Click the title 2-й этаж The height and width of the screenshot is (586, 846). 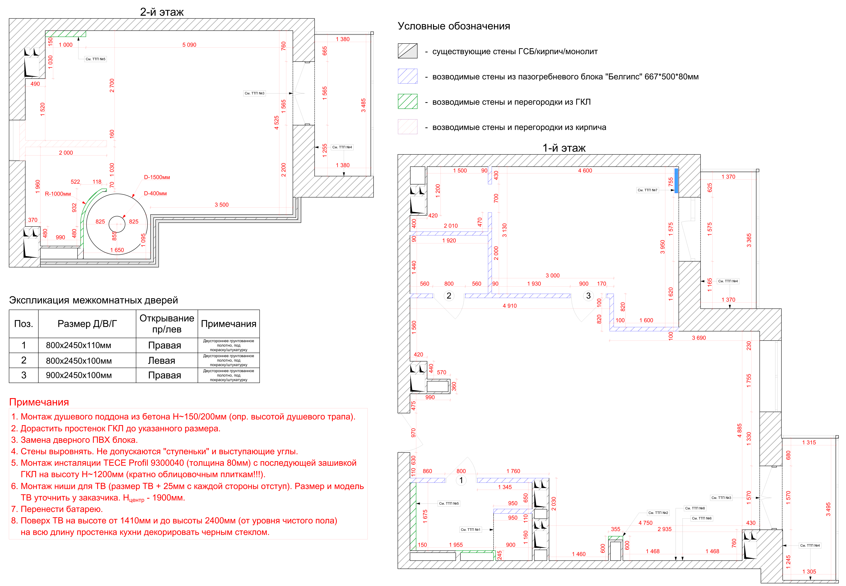pos(162,12)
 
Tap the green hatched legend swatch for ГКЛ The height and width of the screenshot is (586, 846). pos(407,101)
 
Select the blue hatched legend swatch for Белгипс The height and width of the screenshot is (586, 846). pos(407,76)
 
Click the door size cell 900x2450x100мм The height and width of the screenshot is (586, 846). pos(79,375)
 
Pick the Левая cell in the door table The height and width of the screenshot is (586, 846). pos(162,361)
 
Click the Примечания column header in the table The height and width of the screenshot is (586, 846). pos(228,324)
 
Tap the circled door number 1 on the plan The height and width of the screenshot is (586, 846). pos(461,480)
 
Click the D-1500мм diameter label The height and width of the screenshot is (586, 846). pos(157,177)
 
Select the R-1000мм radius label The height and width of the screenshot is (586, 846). pos(58,194)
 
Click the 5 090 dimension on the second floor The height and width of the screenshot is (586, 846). pos(189,45)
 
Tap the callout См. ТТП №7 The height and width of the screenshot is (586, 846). pos(647,190)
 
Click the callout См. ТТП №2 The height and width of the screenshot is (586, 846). pos(658,513)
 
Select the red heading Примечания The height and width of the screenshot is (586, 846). pos(39,402)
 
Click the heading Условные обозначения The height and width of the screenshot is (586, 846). pos(454,26)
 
